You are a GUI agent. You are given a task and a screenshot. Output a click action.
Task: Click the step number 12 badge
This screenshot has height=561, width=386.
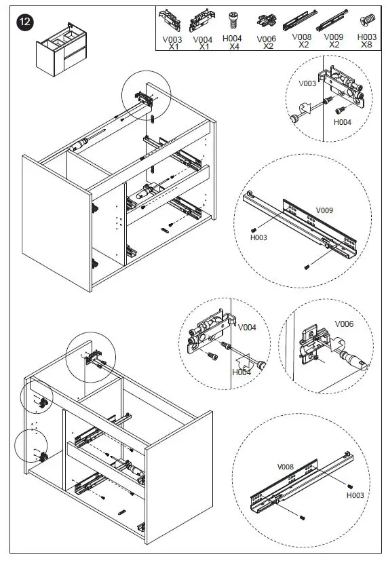[x=24, y=22]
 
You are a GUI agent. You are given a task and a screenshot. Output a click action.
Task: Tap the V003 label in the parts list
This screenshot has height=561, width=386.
[x=172, y=39]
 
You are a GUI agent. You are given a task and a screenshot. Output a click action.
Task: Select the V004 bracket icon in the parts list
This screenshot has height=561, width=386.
[x=201, y=21]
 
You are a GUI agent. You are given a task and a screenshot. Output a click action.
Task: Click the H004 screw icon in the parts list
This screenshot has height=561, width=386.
[x=233, y=20]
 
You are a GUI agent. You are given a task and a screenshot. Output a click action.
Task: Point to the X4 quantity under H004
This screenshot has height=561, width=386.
[x=234, y=46]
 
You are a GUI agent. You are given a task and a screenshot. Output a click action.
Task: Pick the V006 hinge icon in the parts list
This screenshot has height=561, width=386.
[x=267, y=21]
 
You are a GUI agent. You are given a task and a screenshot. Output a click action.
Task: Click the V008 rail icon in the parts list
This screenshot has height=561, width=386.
[x=300, y=20]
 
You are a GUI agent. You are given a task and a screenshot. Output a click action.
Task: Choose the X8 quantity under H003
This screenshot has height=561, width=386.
[x=366, y=45]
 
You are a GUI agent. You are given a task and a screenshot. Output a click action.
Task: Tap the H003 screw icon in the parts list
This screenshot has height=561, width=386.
[x=368, y=19]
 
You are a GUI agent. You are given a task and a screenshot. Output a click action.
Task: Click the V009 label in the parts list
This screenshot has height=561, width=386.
[x=333, y=37]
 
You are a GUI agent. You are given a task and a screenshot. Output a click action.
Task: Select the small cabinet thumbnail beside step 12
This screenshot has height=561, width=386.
[x=61, y=50]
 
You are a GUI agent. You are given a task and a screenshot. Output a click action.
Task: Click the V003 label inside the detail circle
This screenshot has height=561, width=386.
[x=307, y=83]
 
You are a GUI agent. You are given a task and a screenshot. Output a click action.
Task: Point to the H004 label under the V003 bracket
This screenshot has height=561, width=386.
[x=343, y=122]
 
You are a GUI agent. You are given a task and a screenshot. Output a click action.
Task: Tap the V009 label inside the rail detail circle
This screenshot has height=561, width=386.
[x=324, y=210]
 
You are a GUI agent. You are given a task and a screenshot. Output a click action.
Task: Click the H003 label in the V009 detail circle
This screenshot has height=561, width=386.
[x=258, y=237]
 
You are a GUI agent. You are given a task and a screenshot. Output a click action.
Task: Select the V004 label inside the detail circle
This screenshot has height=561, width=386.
[x=247, y=328]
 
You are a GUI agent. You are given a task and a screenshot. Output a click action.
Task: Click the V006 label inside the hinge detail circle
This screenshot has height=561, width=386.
[x=344, y=324]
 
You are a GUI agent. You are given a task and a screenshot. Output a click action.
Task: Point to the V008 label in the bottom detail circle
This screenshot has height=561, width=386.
[x=285, y=467]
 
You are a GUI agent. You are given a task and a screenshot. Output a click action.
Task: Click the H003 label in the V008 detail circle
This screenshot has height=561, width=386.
[x=355, y=495]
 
